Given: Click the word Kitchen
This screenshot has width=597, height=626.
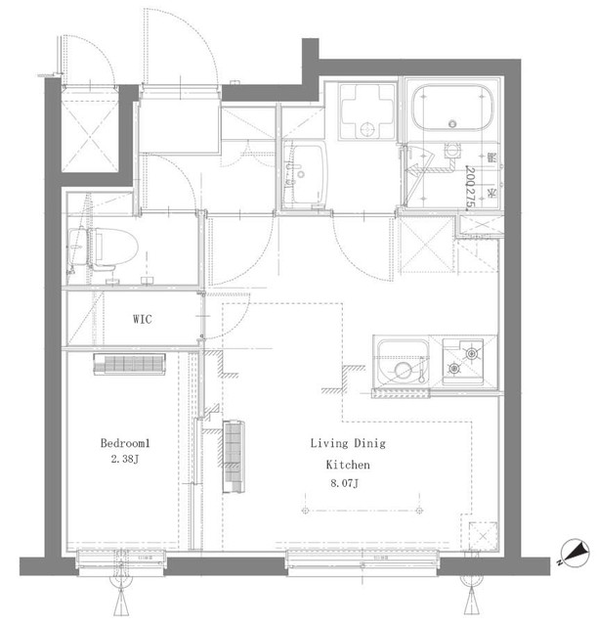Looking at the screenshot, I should pos(347,468).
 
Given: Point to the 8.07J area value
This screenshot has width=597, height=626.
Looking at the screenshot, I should pos(345,483).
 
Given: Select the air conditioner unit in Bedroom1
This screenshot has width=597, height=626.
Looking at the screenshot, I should pos(130,365).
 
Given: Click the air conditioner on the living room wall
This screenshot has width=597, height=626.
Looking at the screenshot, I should pos(234,456).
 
